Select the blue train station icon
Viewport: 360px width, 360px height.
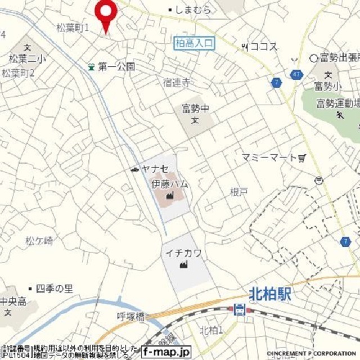[x=240, y=309]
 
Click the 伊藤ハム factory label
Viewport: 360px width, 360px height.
[x=169, y=184]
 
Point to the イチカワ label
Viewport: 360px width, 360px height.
[x=183, y=254]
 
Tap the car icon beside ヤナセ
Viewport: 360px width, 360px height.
[x=134, y=169]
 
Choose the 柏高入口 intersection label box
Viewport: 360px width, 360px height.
[x=195, y=43]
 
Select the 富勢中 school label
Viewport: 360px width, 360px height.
[x=195, y=107]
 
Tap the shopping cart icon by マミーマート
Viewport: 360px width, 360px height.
[x=303, y=158]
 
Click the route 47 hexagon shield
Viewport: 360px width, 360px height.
[x=296, y=74]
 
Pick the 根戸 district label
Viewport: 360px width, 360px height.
[x=238, y=192]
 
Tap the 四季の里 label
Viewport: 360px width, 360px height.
[x=55, y=289]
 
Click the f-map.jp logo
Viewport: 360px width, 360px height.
[x=166, y=352]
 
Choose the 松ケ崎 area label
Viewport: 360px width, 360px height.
[x=39, y=241]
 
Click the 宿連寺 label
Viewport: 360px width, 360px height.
[x=177, y=83]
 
